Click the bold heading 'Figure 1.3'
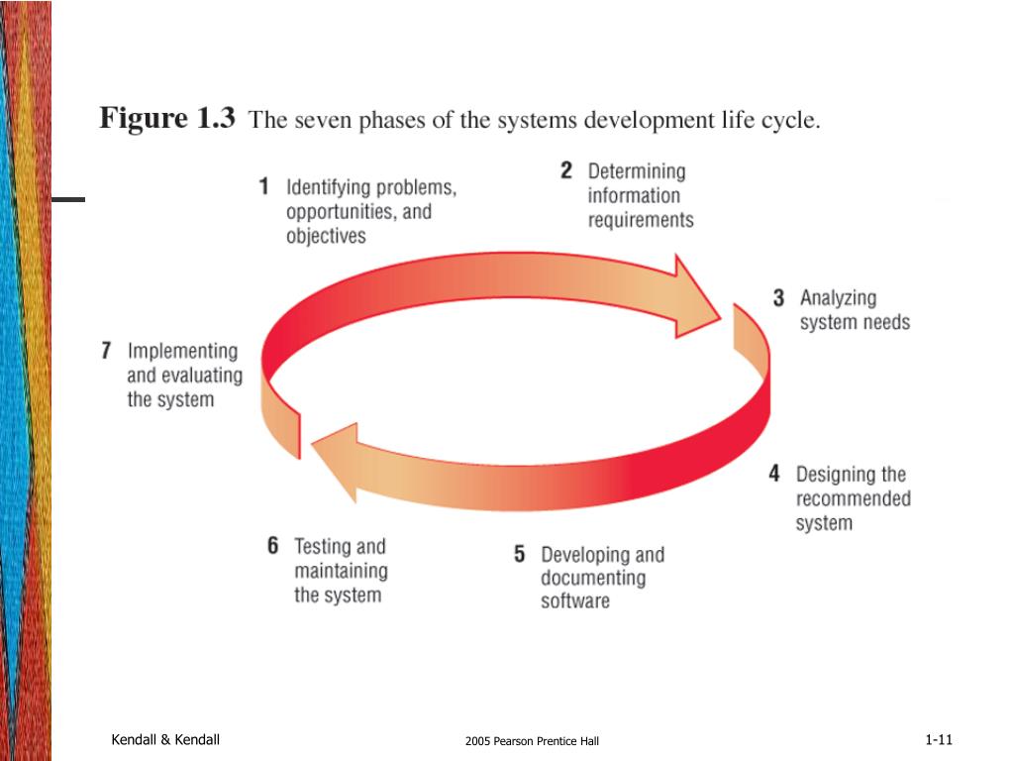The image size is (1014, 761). [167, 120]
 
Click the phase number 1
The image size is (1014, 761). [264, 186]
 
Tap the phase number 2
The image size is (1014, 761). [566, 170]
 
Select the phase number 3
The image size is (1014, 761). [779, 297]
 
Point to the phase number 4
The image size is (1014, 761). [774, 474]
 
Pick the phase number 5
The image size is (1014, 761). [520, 555]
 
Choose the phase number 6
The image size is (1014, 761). [273, 546]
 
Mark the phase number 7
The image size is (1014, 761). [106, 351]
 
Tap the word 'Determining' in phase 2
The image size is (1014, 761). [636, 171]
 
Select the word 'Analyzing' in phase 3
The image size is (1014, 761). [838, 298]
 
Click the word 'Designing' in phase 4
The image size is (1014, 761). [836, 475]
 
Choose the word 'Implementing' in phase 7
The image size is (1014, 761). [182, 352]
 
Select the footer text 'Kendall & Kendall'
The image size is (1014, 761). [165, 740]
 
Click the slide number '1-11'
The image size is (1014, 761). [938, 740]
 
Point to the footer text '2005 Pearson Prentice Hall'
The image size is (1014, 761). [532, 741]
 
